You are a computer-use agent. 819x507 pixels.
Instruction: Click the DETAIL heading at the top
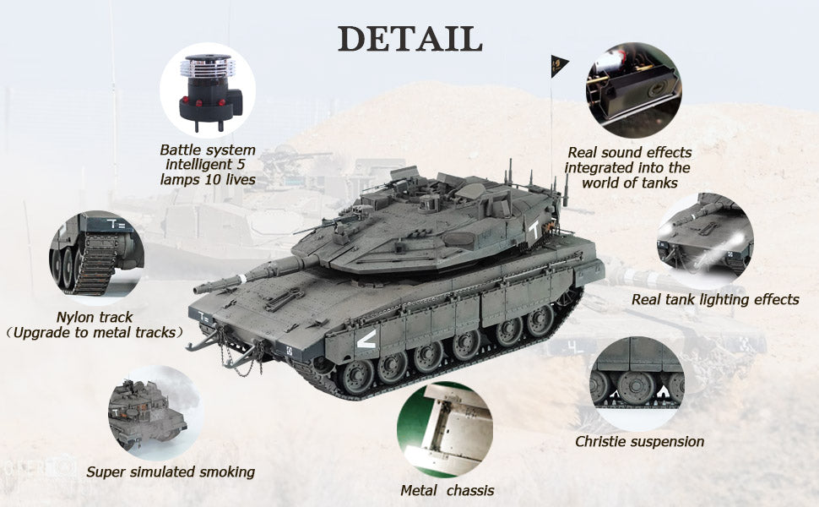[410, 38]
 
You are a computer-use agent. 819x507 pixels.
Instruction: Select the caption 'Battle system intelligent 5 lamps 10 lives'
[208, 165]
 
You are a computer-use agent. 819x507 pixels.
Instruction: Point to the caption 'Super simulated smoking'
[171, 472]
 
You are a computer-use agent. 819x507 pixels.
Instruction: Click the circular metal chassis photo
[444, 430]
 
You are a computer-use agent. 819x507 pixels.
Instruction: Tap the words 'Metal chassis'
[447, 490]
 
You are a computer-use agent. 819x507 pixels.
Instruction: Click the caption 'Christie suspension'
[639, 442]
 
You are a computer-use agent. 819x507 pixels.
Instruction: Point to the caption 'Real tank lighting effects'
[715, 299]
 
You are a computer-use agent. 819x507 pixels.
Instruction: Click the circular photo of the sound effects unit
[633, 90]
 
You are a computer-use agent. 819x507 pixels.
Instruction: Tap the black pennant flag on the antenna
[558, 66]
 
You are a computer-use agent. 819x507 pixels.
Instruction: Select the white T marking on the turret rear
[534, 229]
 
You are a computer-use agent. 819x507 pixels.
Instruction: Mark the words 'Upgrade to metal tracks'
[95, 332]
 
